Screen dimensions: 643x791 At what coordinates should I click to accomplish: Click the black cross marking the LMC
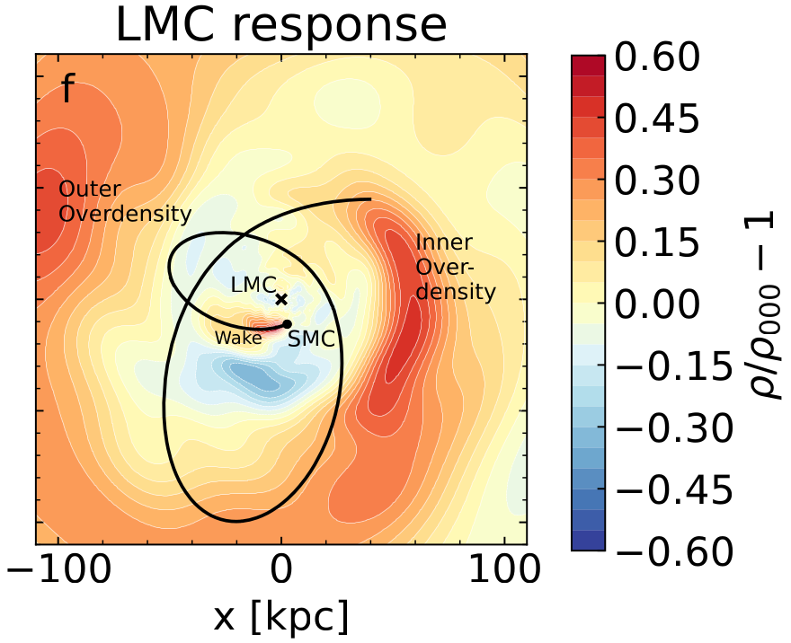coord(281,299)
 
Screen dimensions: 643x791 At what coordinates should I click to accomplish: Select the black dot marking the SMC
coord(287,324)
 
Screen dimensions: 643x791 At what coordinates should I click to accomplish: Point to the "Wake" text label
coord(238,338)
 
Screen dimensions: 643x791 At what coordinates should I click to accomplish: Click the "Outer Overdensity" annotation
coord(125,202)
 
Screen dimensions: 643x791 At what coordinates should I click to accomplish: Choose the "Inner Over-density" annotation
coord(455,267)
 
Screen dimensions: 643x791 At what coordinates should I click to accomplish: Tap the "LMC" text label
coord(250,285)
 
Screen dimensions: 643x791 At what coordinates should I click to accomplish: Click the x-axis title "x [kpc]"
coord(280,617)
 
